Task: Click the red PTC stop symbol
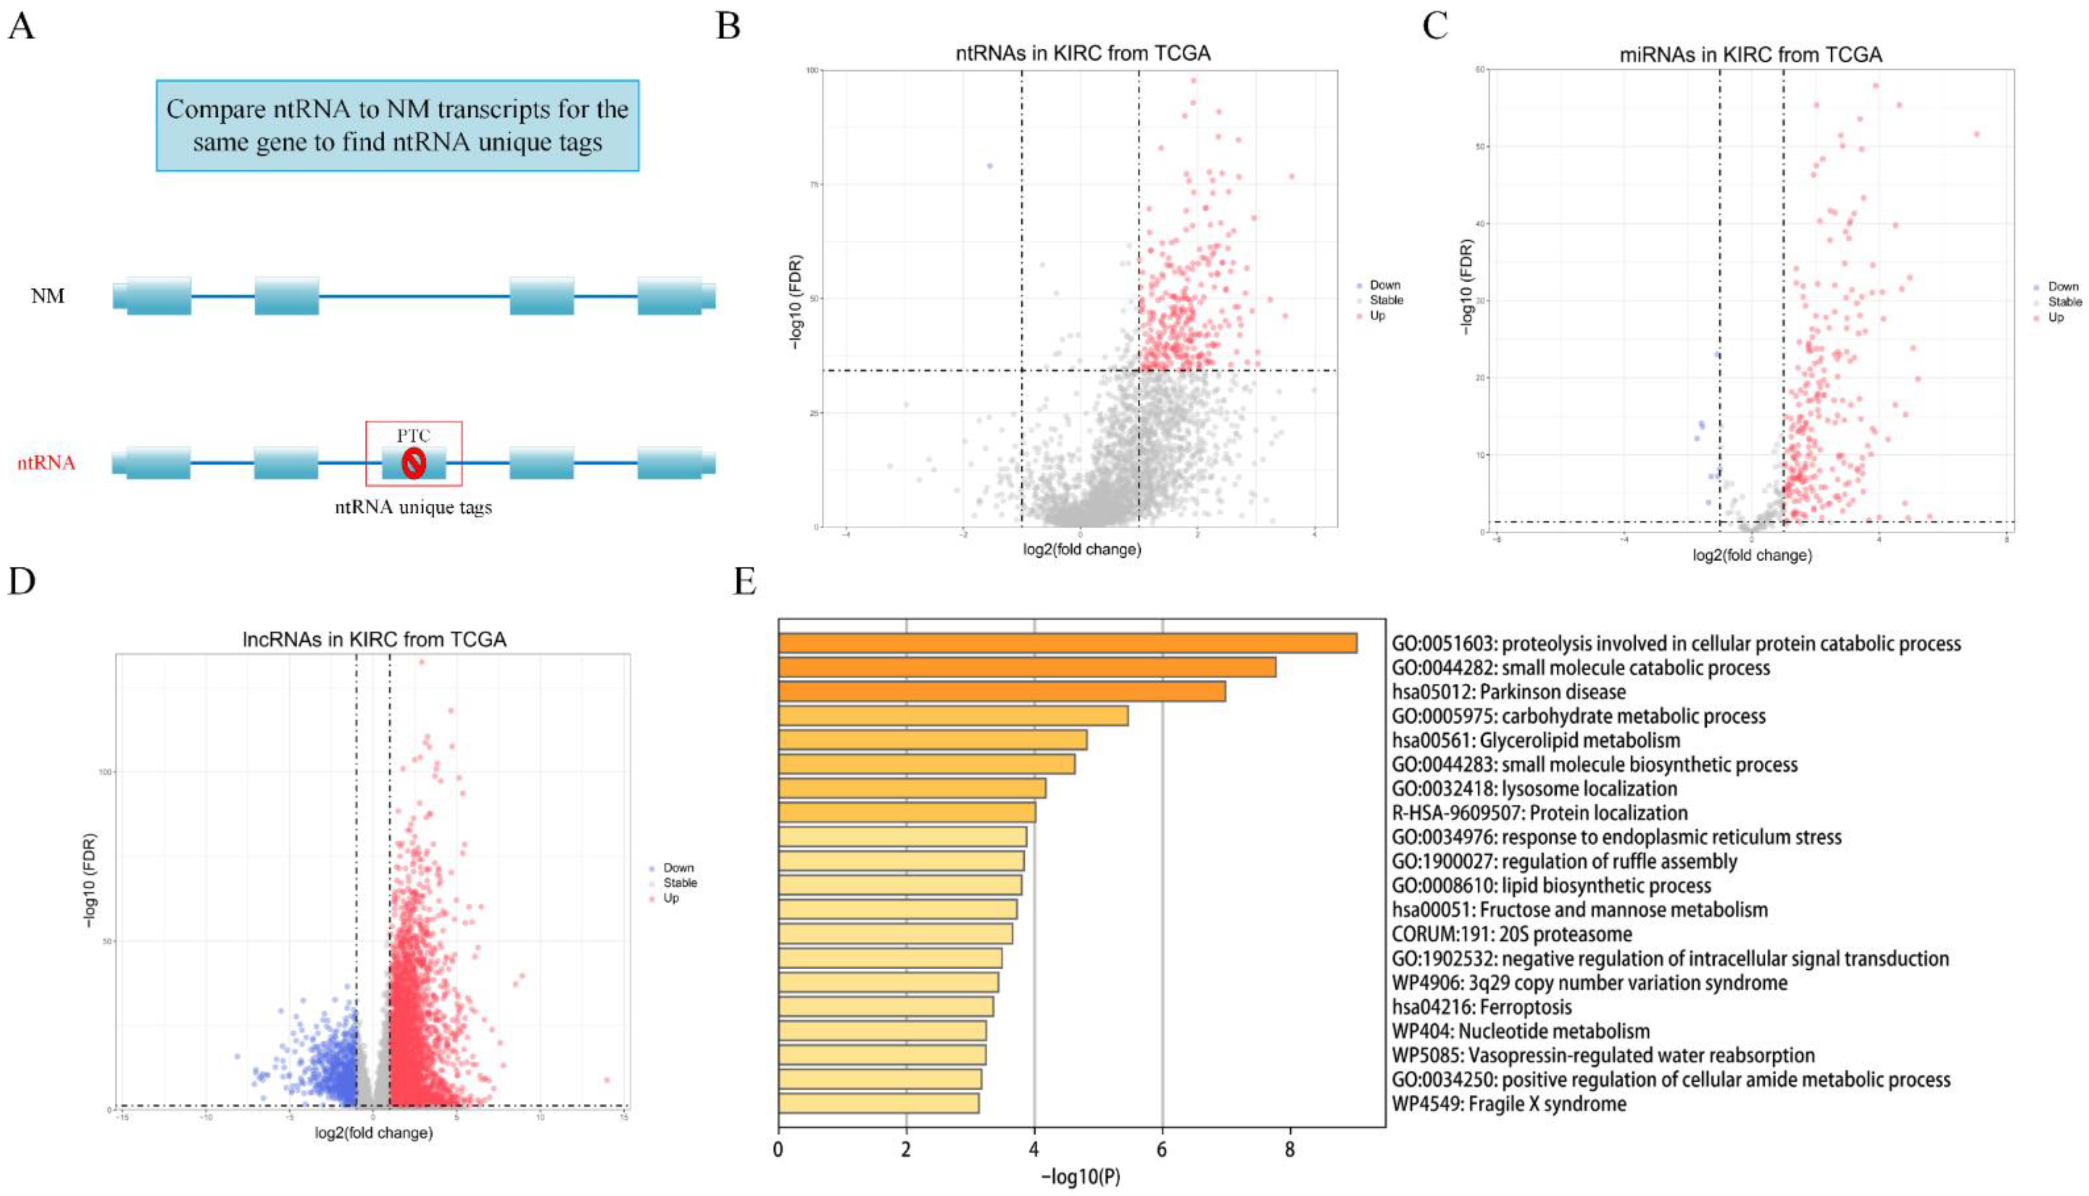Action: [x=413, y=463]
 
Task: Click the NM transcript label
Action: [x=48, y=296]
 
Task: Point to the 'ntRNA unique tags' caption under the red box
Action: [x=413, y=507]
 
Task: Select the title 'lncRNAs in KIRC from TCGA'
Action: [x=374, y=639]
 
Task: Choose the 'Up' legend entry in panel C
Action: [x=2055, y=317]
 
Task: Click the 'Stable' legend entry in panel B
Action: [x=1386, y=300]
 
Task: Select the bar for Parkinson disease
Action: [x=1002, y=692]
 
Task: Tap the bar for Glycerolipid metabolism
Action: [x=933, y=740]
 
